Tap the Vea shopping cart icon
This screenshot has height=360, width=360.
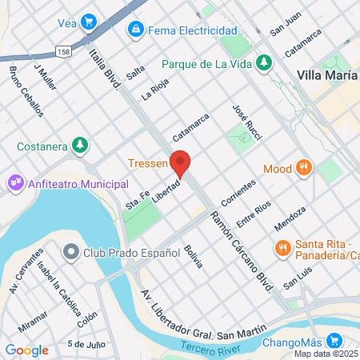point(89,22)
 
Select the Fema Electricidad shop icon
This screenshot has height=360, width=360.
point(136,30)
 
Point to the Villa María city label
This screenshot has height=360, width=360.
point(327,74)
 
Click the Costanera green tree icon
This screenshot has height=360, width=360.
point(78,145)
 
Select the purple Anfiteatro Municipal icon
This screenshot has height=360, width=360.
point(15,184)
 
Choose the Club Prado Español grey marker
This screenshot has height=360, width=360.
point(71,253)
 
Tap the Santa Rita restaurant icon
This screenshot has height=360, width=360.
point(282,249)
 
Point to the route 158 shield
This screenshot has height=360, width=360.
point(63,50)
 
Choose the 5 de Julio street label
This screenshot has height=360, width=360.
point(86,345)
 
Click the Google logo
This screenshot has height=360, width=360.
point(26,350)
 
